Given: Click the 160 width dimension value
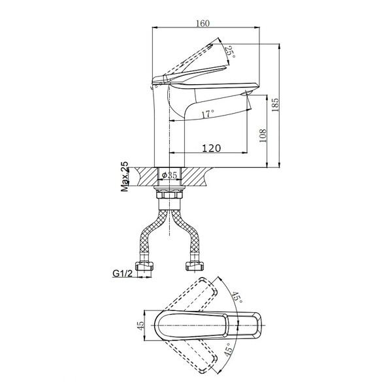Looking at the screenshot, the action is click(x=203, y=23).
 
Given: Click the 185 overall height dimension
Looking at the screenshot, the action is click(x=275, y=105).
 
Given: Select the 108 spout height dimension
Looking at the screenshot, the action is click(x=263, y=136).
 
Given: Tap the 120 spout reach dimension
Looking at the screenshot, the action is click(x=211, y=148).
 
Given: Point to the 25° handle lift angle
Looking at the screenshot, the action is click(x=230, y=52).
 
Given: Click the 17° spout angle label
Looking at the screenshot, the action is click(x=208, y=114).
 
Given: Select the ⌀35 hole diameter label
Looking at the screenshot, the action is click(x=169, y=176).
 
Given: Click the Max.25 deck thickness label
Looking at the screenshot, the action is click(x=124, y=176).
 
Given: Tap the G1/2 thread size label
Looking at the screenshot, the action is click(x=123, y=274).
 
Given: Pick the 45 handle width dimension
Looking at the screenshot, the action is click(x=140, y=325).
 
